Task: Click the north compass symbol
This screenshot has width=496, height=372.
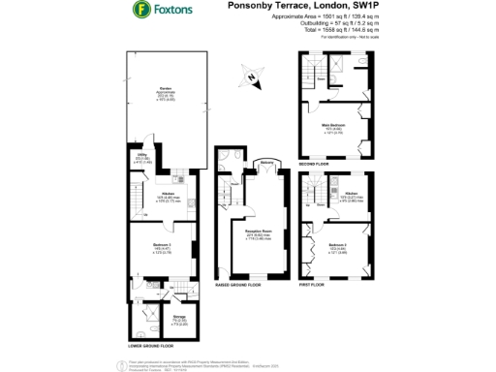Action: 254,75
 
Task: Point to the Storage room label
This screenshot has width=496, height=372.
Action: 152,317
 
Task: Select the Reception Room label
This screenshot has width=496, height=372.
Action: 256,233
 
